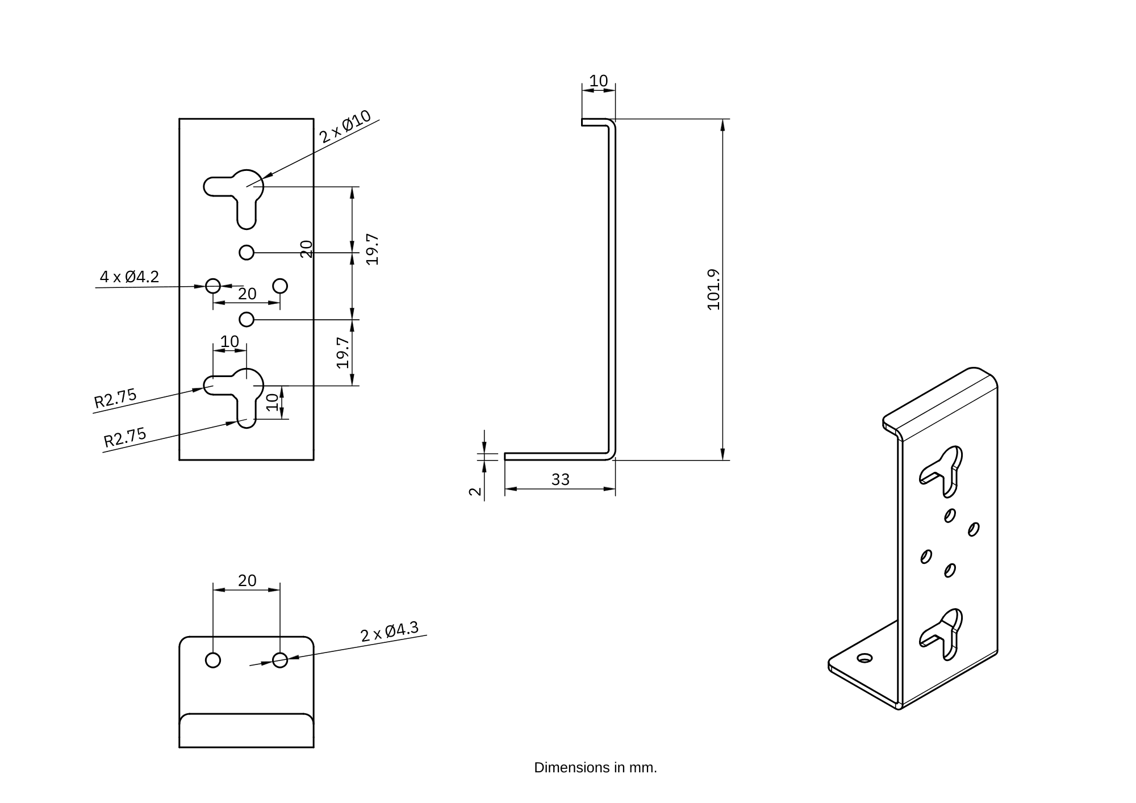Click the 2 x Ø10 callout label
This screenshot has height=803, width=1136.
[345, 127]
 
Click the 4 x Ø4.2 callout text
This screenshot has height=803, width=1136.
[130, 277]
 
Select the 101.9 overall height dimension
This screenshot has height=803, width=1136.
[713, 289]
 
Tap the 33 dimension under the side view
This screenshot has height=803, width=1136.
[560, 480]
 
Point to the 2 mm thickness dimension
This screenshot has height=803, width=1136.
[475, 491]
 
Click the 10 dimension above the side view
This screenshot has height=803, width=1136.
[598, 81]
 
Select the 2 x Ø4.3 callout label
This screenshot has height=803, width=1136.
[390, 631]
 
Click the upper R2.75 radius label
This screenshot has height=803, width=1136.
[115, 398]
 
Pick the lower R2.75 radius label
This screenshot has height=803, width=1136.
[125, 437]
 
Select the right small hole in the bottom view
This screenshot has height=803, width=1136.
[280, 660]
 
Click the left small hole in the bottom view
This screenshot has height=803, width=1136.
[213, 660]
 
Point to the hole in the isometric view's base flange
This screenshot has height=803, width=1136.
[864, 658]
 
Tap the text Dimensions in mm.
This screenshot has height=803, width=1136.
[595, 768]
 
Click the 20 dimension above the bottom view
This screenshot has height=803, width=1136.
[247, 581]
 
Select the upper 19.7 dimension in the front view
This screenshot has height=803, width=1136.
[372, 249]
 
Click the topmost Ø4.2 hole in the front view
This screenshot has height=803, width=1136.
[247, 252]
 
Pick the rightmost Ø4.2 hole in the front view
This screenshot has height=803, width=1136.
[280, 286]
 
